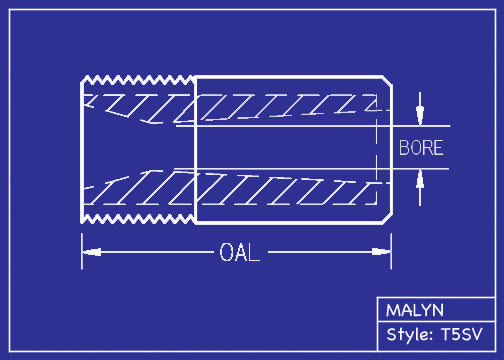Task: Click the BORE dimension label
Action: tap(420, 148)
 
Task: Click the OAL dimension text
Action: tap(239, 253)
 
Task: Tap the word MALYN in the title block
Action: tap(415, 310)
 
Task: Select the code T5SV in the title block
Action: tap(463, 335)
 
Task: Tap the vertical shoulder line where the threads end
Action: tap(194, 148)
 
